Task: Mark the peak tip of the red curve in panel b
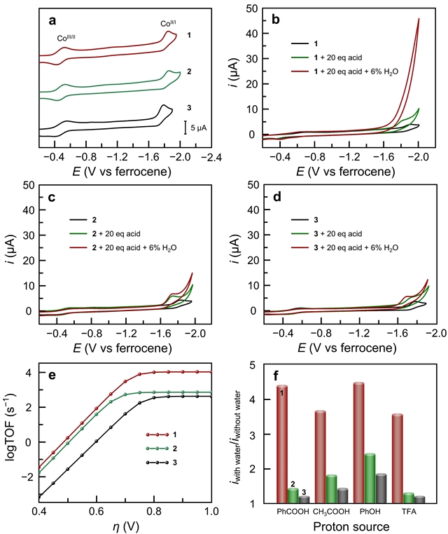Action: point(419,19)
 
